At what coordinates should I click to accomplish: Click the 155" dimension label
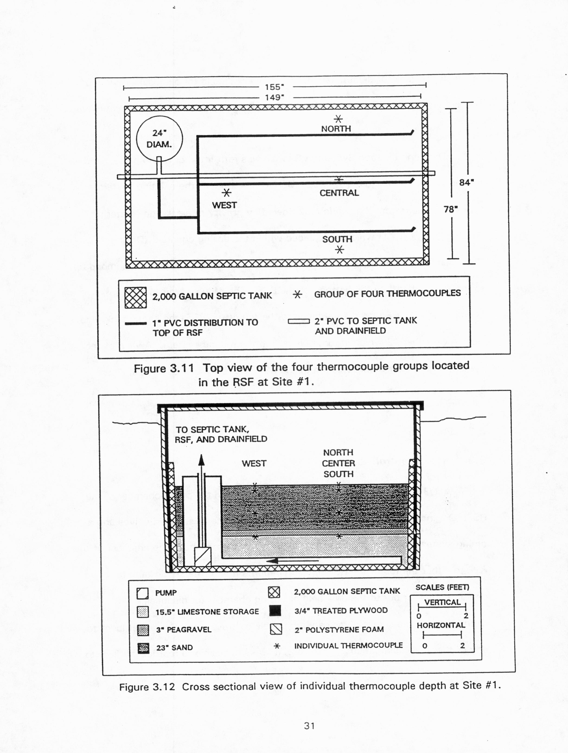coord(274,87)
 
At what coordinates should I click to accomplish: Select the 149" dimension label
coord(274,98)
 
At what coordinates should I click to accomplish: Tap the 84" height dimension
coord(466,183)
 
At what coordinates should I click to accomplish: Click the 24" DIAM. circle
coord(159,139)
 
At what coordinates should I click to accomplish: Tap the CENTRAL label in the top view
coord(339,193)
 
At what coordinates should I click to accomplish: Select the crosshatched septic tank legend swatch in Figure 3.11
coord(135,298)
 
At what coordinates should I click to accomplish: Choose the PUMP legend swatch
coord(143,593)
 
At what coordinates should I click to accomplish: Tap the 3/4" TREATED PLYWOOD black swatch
coord(275,611)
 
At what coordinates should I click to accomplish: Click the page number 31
coord(309,726)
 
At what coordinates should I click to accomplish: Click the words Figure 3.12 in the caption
coord(147,687)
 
